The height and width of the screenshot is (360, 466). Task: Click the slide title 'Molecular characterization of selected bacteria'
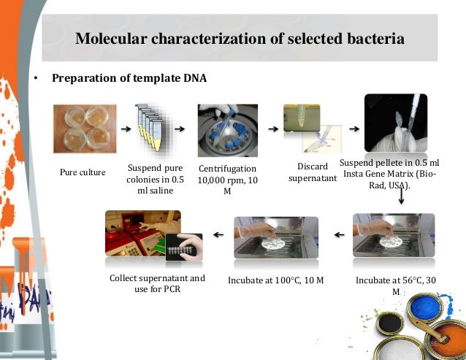(x=240, y=38)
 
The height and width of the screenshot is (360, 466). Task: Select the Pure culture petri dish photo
(x=83, y=129)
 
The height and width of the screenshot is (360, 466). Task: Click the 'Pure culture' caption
(x=83, y=172)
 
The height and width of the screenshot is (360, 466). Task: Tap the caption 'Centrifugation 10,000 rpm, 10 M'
(x=227, y=179)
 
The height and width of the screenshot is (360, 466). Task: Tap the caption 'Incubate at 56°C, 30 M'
(x=396, y=285)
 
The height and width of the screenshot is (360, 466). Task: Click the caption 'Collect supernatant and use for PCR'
(x=157, y=283)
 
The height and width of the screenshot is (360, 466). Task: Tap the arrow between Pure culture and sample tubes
(x=126, y=129)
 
